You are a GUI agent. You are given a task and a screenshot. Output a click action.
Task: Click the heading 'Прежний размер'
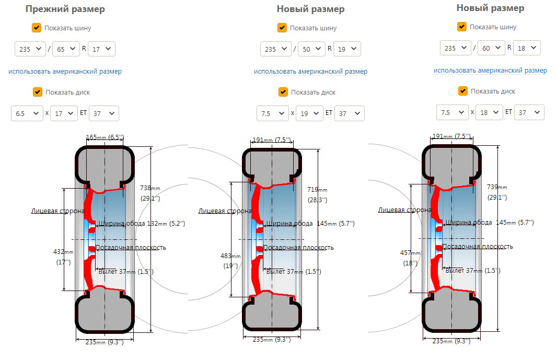(65, 9)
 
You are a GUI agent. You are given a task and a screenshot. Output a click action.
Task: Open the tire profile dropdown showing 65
(66, 49)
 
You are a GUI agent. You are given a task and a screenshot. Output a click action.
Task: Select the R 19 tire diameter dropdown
(347, 49)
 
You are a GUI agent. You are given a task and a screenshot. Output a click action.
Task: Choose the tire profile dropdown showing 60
(491, 48)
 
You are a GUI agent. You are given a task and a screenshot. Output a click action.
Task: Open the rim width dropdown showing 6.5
(27, 113)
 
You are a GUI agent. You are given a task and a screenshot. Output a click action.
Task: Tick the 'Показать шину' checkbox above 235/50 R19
(282, 28)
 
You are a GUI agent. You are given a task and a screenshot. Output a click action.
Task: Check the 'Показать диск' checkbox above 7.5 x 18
(462, 91)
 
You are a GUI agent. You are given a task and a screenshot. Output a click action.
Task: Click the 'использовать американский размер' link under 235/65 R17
(65, 71)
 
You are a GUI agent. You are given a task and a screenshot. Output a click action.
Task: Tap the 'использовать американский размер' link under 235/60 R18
(490, 70)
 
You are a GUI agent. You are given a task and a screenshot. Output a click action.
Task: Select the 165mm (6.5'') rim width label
(105, 137)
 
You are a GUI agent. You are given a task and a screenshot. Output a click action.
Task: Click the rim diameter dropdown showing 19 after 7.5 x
(309, 113)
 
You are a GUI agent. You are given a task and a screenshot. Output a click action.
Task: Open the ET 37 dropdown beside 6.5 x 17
(103, 113)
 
